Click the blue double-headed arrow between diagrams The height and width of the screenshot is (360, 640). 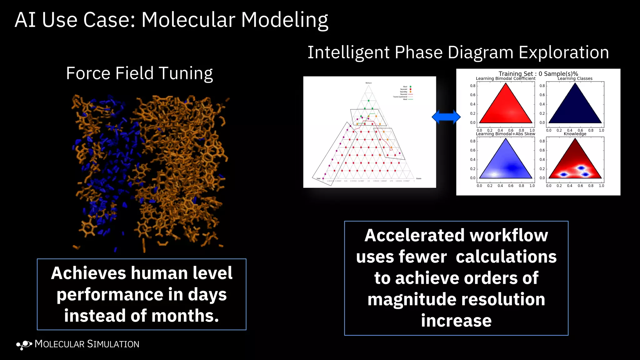(x=446, y=117)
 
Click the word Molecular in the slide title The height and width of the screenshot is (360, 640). (x=188, y=20)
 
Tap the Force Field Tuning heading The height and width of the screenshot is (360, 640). (x=139, y=73)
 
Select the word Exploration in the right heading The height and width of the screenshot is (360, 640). (x=564, y=52)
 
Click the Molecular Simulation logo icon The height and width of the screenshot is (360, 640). (x=24, y=345)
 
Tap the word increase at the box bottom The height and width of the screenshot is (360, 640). (x=456, y=321)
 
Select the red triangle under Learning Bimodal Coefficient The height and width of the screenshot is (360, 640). (x=505, y=108)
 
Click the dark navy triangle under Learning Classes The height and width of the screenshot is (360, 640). (x=575, y=108)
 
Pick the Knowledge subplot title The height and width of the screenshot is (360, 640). (x=575, y=134)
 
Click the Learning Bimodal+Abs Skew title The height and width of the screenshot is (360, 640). (x=505, y=134)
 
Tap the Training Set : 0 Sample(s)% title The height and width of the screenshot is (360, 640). (x=538, y=74)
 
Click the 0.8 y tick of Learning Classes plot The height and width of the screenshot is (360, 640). (x=542, y=86)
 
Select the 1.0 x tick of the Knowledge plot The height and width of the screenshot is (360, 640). (x=601, y=186)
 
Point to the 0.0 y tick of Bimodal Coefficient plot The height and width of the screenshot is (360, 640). (x=473, y=123)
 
